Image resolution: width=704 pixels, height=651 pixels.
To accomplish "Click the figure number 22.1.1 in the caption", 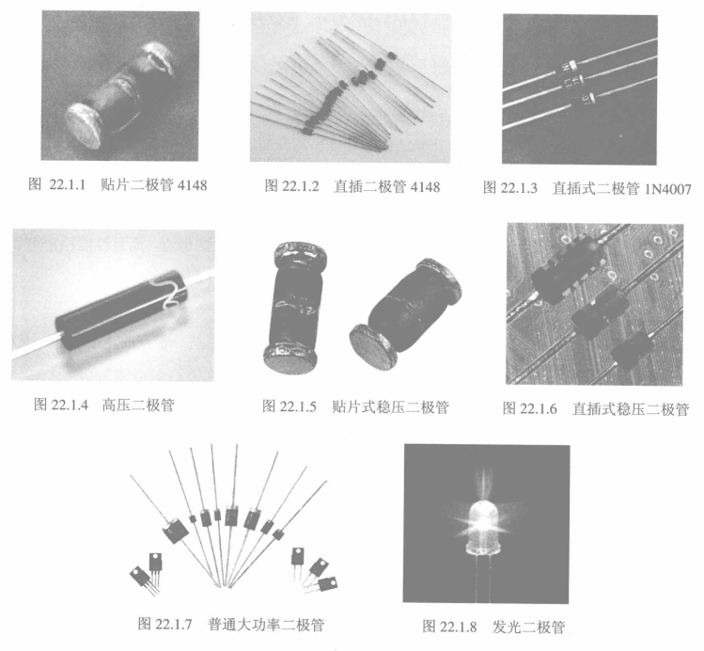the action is click(68, 184).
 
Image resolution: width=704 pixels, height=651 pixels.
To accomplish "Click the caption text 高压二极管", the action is click(138, 405).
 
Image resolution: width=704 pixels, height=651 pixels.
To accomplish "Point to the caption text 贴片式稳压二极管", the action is click(391, 406).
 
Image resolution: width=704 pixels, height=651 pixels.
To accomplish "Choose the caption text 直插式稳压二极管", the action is click(631, 409).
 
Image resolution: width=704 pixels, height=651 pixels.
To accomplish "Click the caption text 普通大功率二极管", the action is click(266, 625).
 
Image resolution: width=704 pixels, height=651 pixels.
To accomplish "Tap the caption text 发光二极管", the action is click(528, 627).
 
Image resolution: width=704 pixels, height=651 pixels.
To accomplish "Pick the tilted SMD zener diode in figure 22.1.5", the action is click(405, 314).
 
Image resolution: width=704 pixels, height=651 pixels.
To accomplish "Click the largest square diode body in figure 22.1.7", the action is click(175, 531).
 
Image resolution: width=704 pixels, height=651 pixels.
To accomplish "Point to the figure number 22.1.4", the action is click(70, 405).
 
